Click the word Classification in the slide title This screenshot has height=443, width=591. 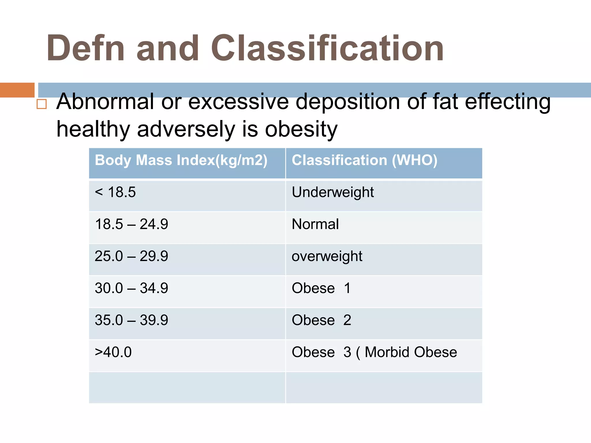click(327, 48)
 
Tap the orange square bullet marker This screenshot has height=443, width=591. click(42, 104)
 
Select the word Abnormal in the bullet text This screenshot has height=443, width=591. click(105, 102)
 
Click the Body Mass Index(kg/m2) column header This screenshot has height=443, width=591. click(181, 160)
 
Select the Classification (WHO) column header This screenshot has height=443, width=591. click(364, 160)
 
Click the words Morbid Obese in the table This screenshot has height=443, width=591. click(411, 352)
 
